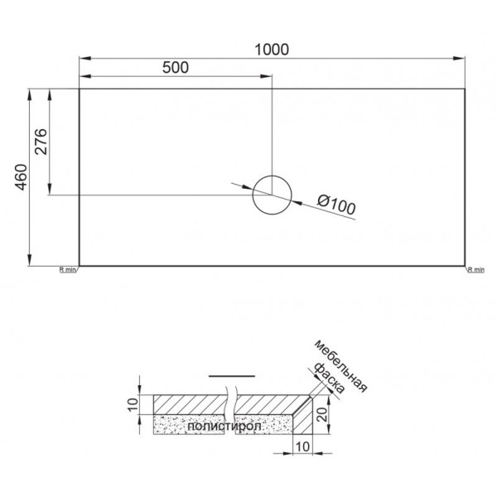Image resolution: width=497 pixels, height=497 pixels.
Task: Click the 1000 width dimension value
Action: click(x=271, y=49)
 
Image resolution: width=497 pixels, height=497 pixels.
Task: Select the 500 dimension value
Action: click(x=176, y=69)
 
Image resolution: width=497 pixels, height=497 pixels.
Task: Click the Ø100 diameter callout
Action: click(x=336, y=204)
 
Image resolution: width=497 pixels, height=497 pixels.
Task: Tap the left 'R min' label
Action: click(x=67, y=269)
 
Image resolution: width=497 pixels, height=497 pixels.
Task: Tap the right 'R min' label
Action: click(x=475, y=269)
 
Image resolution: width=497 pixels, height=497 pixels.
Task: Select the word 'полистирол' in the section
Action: click(x=224, y=427)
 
